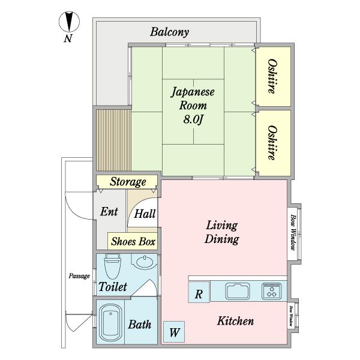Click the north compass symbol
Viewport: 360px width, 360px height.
tap(69, 23)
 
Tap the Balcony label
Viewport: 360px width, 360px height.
tap(170, 32)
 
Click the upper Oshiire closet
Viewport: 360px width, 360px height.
tap(273, 76)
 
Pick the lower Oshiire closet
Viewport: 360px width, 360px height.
tap(273, 142)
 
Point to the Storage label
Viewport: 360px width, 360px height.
tap(127, 182)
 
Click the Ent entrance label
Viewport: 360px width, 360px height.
tap(109, 212)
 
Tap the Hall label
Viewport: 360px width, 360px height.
tap(145, 214)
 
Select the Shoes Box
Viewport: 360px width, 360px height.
tap(133, 242)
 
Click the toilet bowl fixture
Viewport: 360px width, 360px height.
tap(113, 266)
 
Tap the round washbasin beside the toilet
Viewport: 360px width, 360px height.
tap(144, 262)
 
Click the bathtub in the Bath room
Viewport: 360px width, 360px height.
tap(110, 324)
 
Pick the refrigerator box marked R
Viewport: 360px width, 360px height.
tap(199, 293)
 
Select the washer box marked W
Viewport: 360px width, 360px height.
tap(175, 331)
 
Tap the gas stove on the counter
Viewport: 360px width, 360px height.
tap(272, 291)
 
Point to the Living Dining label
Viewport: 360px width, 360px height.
tap(222, 232)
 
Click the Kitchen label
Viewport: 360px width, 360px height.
tap(235, 322)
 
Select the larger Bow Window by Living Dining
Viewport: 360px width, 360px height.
tap(293, 230)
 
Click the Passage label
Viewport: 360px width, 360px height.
tap(79, 276)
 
